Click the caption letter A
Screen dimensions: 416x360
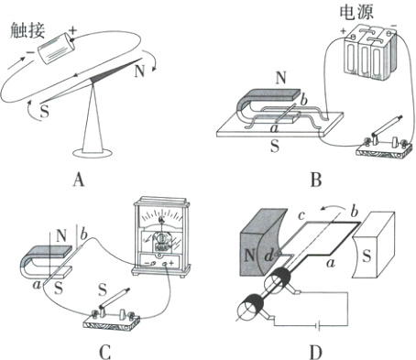79,180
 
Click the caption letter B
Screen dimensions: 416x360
316,180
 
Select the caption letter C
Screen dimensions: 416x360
104,352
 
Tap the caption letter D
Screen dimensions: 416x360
316,352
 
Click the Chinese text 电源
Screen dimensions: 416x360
356,12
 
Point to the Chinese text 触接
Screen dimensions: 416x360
27,30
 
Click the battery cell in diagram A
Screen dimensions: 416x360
56,49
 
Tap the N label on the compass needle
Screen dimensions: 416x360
139,71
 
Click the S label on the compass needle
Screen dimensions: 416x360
45,111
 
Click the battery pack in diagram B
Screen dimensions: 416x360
370,52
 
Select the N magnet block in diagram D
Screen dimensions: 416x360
262,242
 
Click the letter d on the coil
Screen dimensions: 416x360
268,256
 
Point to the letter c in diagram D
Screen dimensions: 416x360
301,215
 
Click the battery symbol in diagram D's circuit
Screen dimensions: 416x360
318,326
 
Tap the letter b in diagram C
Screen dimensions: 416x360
83,235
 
